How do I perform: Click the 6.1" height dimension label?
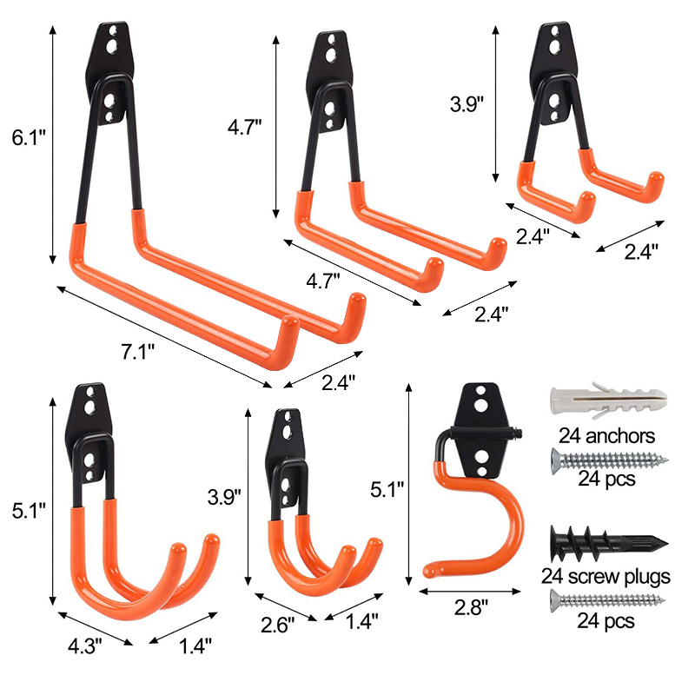point(29,138)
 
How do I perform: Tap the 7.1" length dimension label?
point(138,352)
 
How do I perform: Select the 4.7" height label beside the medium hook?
point(245,127)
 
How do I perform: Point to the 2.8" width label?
point(471,607)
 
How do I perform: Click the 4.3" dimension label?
point(84,646)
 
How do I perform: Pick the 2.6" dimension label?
point(277,625)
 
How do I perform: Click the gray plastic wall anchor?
point(609,400)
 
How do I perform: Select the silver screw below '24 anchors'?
point(610,460)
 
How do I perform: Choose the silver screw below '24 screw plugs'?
point(607,600)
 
